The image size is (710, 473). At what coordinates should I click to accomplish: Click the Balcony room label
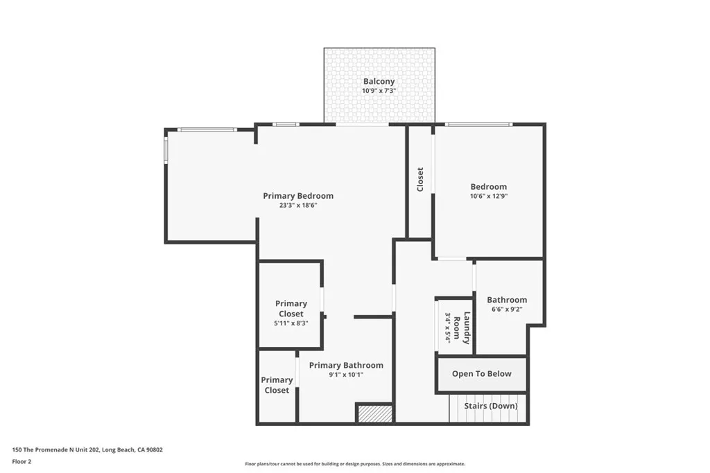coord(379,81)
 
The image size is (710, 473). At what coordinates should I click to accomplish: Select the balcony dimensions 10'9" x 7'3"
coord(379,91)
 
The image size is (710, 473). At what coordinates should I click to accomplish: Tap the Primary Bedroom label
coord(298,196)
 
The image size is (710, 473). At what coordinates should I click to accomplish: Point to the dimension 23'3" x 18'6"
coord(298,205)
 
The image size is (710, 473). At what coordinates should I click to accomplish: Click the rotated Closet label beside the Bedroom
coord(420,179)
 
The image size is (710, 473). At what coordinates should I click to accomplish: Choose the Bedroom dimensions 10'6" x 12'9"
coord(488,196)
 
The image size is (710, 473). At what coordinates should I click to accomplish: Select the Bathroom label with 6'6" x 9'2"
coord(506,300)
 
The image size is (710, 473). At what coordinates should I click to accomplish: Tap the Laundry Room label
coord(467,328)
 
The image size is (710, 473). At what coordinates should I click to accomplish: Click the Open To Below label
coord(481,374)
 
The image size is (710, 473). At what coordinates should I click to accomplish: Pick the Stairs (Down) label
coord(491,406)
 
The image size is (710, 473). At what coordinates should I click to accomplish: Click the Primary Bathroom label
coord(346,365)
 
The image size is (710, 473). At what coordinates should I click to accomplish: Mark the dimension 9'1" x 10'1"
coord(346,375)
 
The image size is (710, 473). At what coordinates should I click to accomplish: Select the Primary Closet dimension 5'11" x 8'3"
coord(291,323)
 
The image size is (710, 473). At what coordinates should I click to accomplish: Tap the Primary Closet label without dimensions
coord(277,385)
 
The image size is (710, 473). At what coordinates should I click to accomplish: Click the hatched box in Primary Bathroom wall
coord(374,413)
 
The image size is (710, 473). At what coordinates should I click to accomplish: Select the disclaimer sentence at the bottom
coord(354,464)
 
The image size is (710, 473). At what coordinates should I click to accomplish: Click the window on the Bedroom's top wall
coord(478,125)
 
